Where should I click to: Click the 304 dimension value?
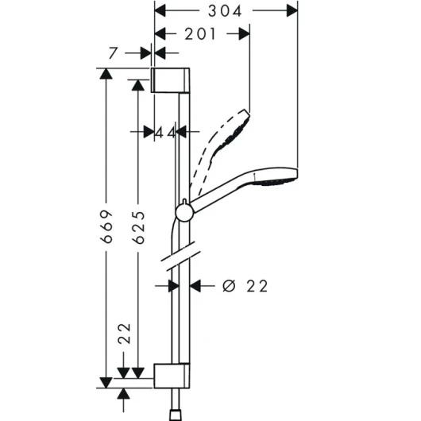(225, 11)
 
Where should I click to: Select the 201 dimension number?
(200, 34)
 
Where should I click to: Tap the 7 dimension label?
(114, 53)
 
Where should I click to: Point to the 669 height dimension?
(106, 227)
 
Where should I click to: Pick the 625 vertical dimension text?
(139, 227)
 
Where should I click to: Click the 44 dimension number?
(166, 133)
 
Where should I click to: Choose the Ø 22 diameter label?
(245, 286)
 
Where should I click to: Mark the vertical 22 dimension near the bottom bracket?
(124, 334)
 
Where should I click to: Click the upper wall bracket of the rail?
(170, 80)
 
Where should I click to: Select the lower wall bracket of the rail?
(172, 376)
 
